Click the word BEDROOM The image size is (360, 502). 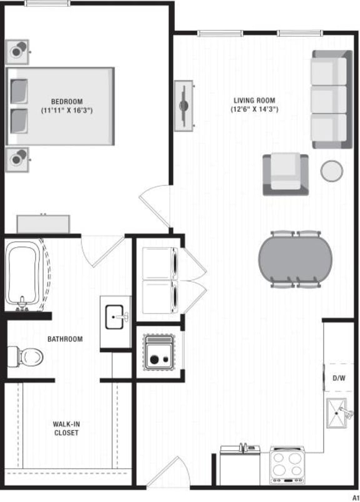click(x=67, y=102)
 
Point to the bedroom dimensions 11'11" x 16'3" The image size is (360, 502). click(x=67, y=111)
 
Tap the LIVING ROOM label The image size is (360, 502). click(x=254, y=101)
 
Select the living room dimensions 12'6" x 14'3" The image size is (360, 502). click(x=254, y=109)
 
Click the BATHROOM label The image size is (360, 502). click(x=65, y=339)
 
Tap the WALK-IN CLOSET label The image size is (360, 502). click(x=66, y=428)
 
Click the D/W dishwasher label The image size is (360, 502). click(x=338, y=378)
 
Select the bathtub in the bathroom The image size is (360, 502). click(x=24, y=275)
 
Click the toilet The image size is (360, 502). click(x=26, y=357)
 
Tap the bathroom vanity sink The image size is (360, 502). click(x=116, y=317)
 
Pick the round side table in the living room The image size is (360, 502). click(x=331, y=170)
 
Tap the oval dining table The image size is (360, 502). click(x=296, y=260)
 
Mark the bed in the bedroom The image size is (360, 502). click(x=60, y=106)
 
